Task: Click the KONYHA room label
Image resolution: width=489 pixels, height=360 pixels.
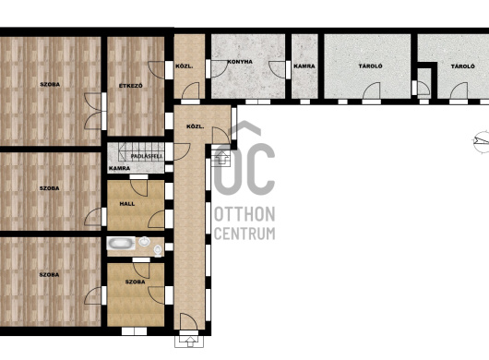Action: point(240,62)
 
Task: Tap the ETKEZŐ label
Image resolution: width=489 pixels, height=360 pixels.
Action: point(131,86)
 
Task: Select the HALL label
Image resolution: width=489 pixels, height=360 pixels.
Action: point(127,204)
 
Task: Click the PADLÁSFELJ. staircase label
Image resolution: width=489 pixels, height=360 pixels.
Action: point(147,156)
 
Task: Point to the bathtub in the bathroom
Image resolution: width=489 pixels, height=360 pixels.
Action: point(121,243)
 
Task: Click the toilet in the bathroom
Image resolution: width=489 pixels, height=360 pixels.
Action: point(158,250)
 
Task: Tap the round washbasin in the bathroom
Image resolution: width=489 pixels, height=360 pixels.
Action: point(144,241)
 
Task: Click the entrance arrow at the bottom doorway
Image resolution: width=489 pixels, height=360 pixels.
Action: point(189,342)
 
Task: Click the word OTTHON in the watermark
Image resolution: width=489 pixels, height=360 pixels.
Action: point(244,214)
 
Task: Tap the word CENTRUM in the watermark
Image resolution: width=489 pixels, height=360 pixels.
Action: point(244,234)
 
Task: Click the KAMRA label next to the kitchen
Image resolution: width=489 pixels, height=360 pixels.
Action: point(304,66)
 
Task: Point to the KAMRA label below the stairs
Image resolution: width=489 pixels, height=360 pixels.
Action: point(119,168)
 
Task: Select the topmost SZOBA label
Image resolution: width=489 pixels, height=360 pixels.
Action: point(50,84)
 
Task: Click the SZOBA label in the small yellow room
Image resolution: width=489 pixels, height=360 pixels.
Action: point(135,282)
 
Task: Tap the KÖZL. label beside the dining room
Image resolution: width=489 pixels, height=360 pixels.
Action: point(184,66)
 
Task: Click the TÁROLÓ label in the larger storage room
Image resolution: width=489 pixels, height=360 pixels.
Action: point(366,66)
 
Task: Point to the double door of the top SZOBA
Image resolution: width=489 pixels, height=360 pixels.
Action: point(92,111)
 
